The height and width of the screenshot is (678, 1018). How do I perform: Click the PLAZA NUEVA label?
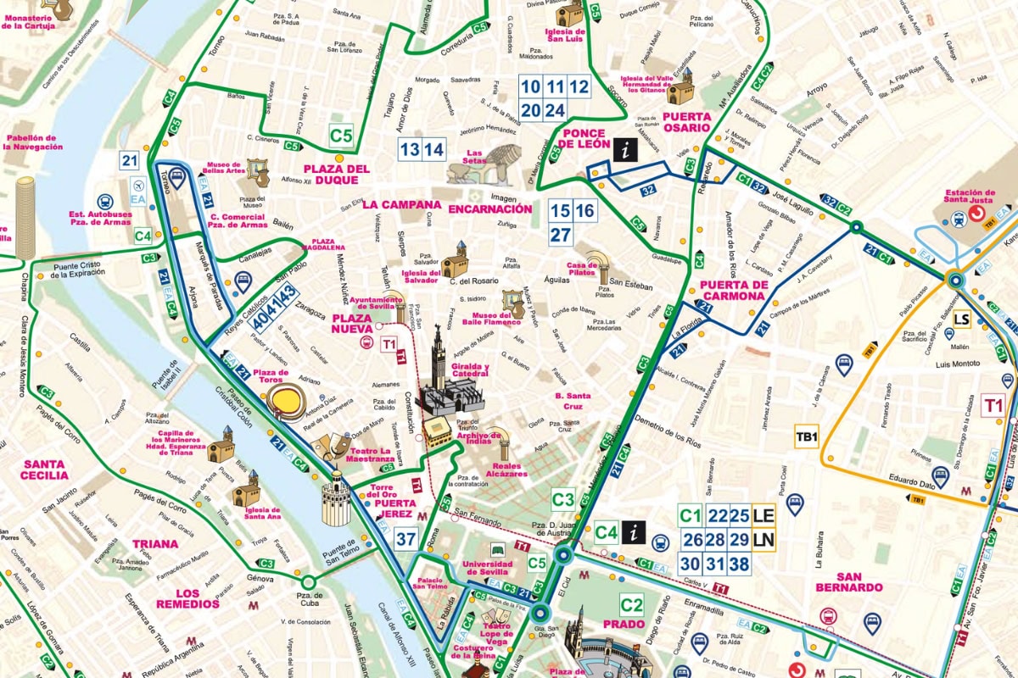pos(351,323)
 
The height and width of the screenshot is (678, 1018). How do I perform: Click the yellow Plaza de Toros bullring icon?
pos(285,405)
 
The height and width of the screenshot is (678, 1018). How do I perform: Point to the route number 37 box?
pos(406,538)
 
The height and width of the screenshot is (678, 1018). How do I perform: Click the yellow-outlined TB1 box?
pos(806,437)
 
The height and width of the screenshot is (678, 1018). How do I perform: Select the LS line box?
pos(961,320)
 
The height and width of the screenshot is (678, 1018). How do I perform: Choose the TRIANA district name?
pos(155,544)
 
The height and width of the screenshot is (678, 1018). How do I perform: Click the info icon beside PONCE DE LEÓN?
pos(625,150)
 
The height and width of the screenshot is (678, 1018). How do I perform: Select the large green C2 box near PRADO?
pos(631,605)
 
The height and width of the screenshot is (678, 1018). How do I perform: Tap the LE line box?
pos(763,515)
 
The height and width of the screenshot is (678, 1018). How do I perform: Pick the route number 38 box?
pos(739,564)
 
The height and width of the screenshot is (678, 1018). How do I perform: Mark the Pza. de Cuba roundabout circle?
pos(307,582)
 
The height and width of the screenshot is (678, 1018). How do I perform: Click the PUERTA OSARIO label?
pos(686,122)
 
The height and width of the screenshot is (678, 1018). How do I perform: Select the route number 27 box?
pos(560,235)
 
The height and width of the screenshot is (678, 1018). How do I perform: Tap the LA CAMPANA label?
pos(401,204)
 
